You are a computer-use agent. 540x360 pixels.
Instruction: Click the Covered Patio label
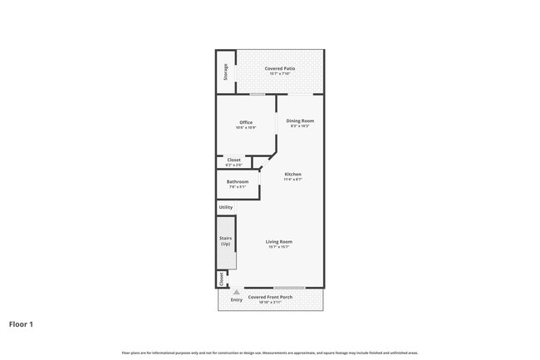click(x=280, y=68)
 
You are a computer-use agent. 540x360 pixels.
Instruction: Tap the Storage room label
click(x=225, y=72)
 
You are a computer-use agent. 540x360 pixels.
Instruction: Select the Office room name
click(x=246, y=122)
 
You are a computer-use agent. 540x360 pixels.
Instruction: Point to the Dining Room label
click(x=300, y=121)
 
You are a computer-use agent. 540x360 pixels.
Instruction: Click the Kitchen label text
click(x=292, y=174)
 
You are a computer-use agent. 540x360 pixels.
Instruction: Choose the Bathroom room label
click(x=238, y=181)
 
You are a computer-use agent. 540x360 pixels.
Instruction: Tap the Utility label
click(x=226, y=207)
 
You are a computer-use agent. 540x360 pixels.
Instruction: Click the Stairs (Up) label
click(x=225, y=240)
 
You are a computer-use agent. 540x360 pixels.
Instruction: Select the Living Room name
click(x=279, y=241)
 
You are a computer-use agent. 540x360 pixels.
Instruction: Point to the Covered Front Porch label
click(x=269, y=297)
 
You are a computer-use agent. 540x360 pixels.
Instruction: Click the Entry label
click(x=237, y=299)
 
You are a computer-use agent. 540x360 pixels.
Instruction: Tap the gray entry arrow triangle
click(x=237, y=292)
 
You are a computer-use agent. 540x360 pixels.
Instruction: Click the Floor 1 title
click(x=21, y=324)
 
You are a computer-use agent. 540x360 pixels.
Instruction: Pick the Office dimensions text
click(x=246, y=127)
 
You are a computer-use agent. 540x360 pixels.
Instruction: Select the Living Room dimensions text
click(x=279, y=247)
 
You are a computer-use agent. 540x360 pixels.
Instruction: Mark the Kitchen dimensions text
click(x=292, y=179)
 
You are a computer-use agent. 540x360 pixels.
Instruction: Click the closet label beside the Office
click(x=234, y=160)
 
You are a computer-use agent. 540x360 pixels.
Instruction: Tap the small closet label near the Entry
click(x=221, y=280)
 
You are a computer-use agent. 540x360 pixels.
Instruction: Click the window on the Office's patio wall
click(x=258, y=94)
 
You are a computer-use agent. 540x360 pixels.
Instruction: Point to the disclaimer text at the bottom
click(x=270, y=353)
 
